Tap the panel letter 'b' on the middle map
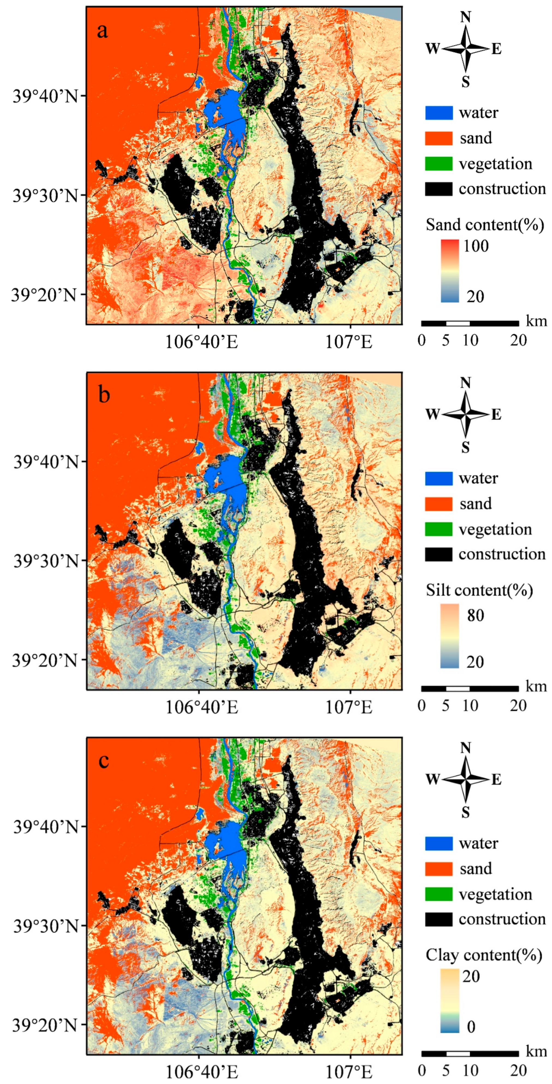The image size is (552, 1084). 104,395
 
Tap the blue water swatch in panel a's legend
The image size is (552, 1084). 439,113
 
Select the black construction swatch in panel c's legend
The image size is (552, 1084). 439,919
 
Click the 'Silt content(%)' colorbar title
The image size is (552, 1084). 479,591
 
